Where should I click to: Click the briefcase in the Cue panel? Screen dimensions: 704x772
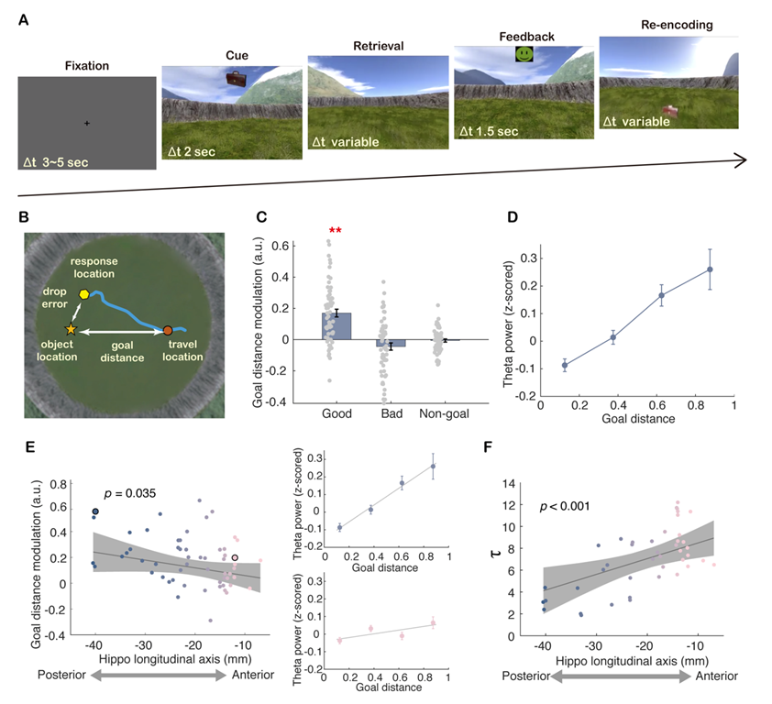(x=237, y=81)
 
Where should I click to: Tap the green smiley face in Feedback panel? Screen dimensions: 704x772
(x=524, y=55)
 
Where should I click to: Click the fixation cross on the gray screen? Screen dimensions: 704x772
(x=87, y=123)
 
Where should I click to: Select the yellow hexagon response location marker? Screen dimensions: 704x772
(x=83, y=293)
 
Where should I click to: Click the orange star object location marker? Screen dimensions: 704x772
(x=71, y=328)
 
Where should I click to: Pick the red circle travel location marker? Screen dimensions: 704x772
(x=168, y=329)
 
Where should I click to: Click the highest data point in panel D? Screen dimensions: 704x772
(x=710, y=269)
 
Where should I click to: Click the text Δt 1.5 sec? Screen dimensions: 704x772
(x=487, y=131)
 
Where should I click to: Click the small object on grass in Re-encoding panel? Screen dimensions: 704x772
(x=673, y=111)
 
